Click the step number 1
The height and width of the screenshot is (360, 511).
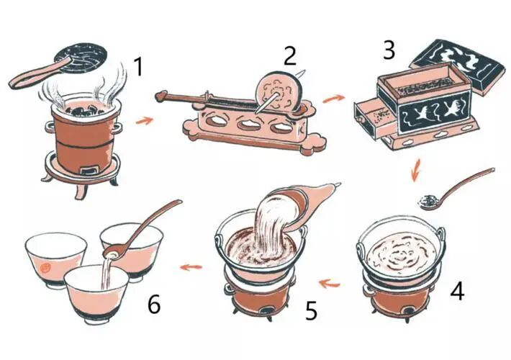139,66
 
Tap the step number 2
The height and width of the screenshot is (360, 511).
290,55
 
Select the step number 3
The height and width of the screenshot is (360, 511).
389,50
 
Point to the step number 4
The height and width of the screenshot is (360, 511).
457,290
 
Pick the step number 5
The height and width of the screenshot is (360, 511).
311,310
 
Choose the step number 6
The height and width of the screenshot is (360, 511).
154,305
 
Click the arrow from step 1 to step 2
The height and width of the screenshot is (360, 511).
144,121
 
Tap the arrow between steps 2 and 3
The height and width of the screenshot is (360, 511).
333,98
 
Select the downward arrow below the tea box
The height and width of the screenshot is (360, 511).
415,169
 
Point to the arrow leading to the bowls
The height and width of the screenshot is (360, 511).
191,267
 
